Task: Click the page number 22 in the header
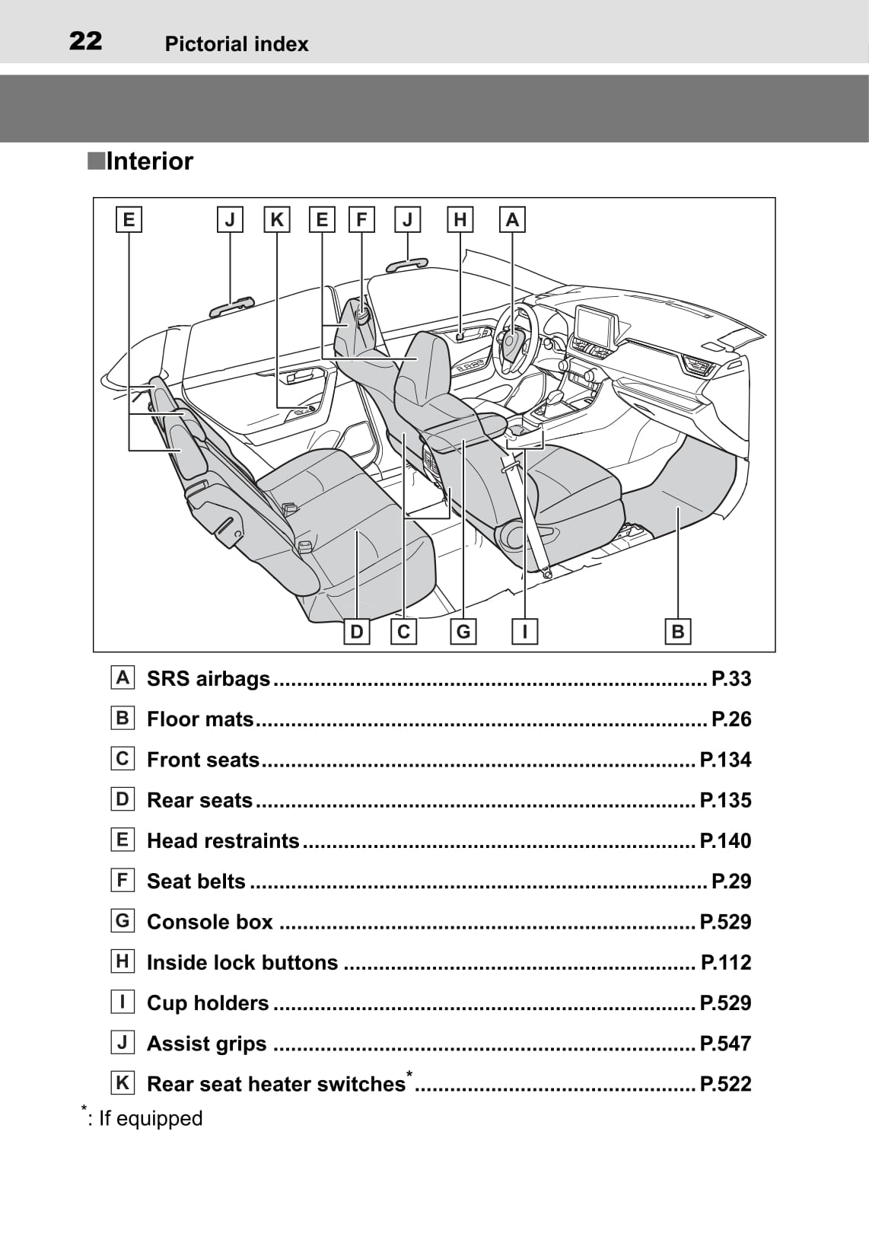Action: (85, 41)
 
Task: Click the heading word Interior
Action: (149, 161)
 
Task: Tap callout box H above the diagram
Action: (460, 220)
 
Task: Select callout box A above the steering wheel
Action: (512, 220)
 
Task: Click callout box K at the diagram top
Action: (277, 220)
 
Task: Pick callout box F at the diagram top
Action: (361, 220)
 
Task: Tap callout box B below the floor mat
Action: (677, 631)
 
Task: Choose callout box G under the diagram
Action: (463, 631)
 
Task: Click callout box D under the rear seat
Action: (356, 631)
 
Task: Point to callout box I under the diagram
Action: (524, 631)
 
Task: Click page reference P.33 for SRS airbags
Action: (731, 678)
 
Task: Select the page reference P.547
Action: (724, 1043)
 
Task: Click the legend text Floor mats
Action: (200, 719)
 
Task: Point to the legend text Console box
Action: (209, 922)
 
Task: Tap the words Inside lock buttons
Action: (242, 962)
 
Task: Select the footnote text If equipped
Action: (151, 1118)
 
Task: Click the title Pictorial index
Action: (237, 44)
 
